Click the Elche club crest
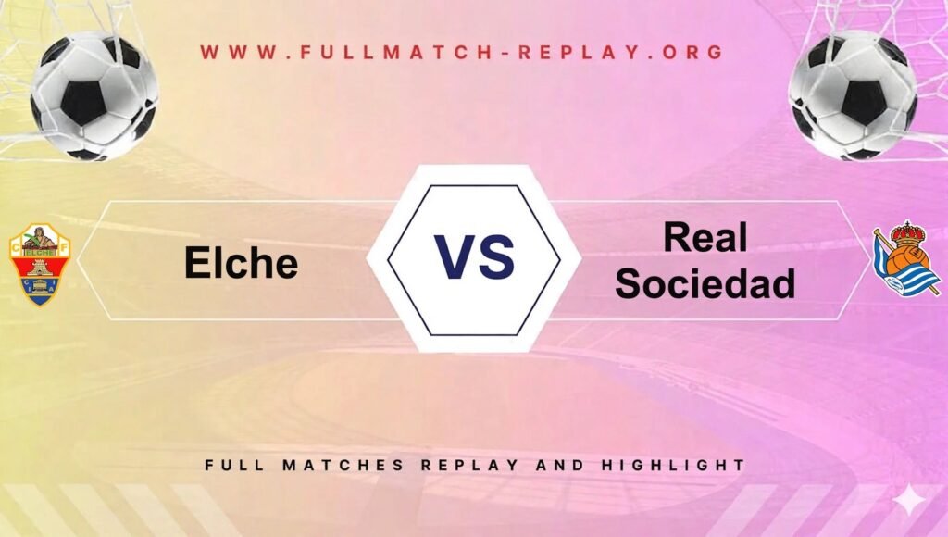40,264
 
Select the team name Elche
242,262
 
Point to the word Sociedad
705,283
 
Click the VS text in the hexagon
475,257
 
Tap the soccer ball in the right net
852,95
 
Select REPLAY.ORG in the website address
620,52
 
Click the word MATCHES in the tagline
343,465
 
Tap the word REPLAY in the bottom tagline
469,465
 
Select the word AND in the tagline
560,465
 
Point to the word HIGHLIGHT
673,465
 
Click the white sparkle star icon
910,501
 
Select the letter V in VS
455,257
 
